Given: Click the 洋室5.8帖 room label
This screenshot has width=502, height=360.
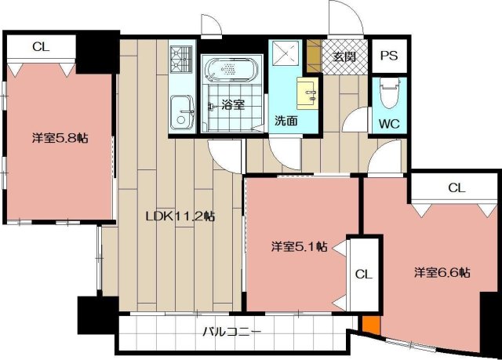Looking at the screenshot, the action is pos(60,138).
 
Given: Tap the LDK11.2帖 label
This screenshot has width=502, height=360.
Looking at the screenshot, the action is pos(180,216).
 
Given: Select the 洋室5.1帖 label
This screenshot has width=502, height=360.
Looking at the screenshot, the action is pos(300,247).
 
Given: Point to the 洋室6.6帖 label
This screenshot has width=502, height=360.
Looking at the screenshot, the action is pos(442,273).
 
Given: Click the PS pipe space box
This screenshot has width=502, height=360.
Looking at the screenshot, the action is pos(389,56).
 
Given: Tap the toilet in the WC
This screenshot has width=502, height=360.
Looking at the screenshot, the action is pos(389,93).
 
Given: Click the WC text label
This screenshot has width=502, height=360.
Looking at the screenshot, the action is pos(389,123).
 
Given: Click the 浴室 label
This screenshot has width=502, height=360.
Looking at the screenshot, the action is pos(234,104).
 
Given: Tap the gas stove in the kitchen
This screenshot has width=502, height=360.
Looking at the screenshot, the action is pos(181,59).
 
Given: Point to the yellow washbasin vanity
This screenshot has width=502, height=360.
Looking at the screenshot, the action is pos(307,93).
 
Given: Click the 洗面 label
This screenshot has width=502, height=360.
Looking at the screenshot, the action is pos(286,121).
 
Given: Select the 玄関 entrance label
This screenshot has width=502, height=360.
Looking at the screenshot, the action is pos(344,56).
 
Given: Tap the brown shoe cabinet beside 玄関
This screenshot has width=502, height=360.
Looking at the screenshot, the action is pos(314,56).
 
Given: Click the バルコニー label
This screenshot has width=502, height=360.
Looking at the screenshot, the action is pos(232,332).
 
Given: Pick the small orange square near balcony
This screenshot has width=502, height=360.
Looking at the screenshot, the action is pos(371,325).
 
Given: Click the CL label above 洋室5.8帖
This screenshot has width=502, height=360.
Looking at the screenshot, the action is pos(41,47).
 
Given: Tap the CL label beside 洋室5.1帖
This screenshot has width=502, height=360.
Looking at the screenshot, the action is pos(364,275).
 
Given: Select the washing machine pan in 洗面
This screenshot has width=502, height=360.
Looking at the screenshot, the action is pos(286,53).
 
